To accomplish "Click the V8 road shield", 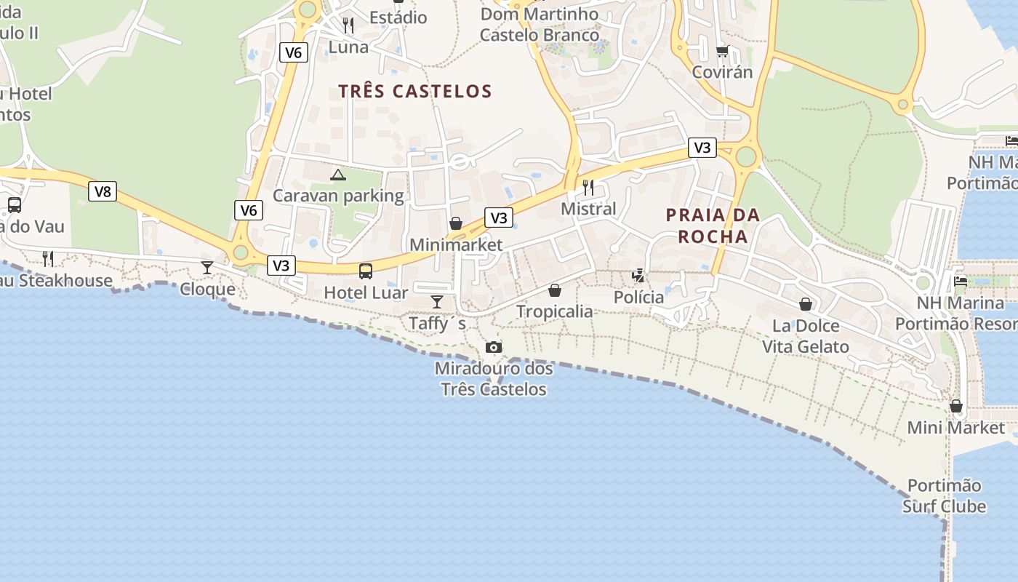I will click(103, 191).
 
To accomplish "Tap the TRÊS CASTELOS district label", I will click(415, 91).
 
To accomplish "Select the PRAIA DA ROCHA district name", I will click(713, 226).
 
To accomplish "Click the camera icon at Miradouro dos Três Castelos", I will click(494, 348).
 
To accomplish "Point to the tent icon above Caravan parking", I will click(338, 175).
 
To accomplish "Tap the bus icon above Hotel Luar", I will click(366, 271).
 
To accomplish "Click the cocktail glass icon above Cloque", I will click(207, 268).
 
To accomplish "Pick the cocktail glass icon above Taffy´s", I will click(437, 302).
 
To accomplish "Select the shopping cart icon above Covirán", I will click(722, 51).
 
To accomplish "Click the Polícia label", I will click(638, 298).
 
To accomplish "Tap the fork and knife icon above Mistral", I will click(588, 188).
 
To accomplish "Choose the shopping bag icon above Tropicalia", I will click(555, 291).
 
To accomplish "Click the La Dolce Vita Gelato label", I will click(805, 336).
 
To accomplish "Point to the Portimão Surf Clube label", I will click(944, 496).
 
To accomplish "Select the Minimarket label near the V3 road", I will click(455, 244).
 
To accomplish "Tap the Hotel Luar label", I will click(366, 293).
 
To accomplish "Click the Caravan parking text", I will click(338, 196).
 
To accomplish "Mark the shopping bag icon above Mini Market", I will click(956, 406).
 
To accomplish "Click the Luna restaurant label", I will click(348, 47).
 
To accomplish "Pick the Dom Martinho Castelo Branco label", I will click(540, 24).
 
